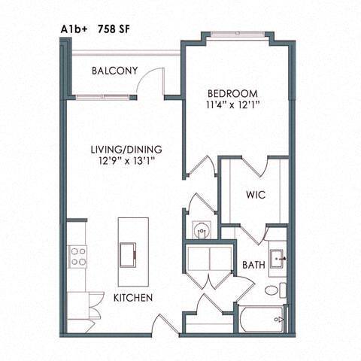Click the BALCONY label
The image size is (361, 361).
[114, 71]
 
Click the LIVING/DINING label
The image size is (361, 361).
[125, 148]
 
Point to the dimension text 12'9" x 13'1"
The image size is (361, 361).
[125, 160]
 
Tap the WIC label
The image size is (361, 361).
[255, 196]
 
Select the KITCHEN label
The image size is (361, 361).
[133, 298]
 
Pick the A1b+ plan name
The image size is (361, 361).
[74, 29]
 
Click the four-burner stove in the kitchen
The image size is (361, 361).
[77, 257]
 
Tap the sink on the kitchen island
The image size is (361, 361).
[129, 252]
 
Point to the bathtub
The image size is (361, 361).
[262, 319]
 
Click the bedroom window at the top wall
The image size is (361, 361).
[235, 35]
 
